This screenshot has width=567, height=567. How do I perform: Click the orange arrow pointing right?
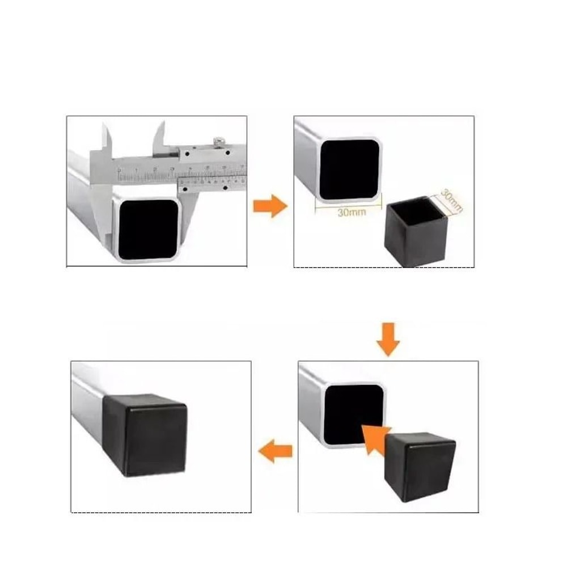[270, 206]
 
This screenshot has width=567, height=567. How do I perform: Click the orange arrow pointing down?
[388, 339]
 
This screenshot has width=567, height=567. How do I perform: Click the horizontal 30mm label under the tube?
[351, 213]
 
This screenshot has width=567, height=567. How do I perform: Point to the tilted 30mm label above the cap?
[452, 201]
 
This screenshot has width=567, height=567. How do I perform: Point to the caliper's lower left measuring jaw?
[100, 215]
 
